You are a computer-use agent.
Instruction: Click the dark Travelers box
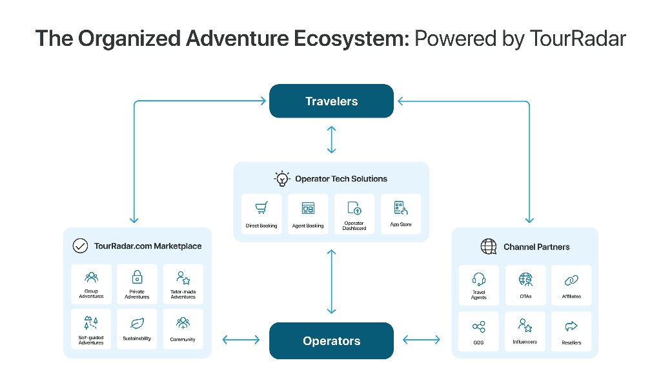click(331, 101)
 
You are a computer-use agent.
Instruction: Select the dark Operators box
click(331, 340)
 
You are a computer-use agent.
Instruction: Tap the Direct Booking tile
click(261, 214)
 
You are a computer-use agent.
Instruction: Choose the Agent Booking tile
click(308, 214)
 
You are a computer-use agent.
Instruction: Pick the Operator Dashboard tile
click(354, 214)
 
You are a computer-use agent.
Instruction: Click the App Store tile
click(401, 214)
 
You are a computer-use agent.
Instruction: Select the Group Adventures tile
click(91, 284)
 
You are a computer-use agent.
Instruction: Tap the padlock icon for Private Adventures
click(137, 278)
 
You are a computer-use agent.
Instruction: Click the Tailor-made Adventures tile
click(183, 284)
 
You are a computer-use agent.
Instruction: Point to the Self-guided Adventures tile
click(91, 329)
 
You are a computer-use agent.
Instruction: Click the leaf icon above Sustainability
click(137, 323)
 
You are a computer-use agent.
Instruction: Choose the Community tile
click(183, 329)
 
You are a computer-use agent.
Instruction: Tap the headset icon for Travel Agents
click(479, 279)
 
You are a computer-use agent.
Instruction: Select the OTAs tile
click(525, 285)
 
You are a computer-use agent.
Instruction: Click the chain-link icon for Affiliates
click(571, 280)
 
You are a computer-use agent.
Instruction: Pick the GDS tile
click(479, 331)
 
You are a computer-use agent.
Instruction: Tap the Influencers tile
click(525, 331)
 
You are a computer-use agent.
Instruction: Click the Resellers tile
click(571, 331)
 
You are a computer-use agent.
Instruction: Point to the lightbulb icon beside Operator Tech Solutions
click(282, 179)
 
